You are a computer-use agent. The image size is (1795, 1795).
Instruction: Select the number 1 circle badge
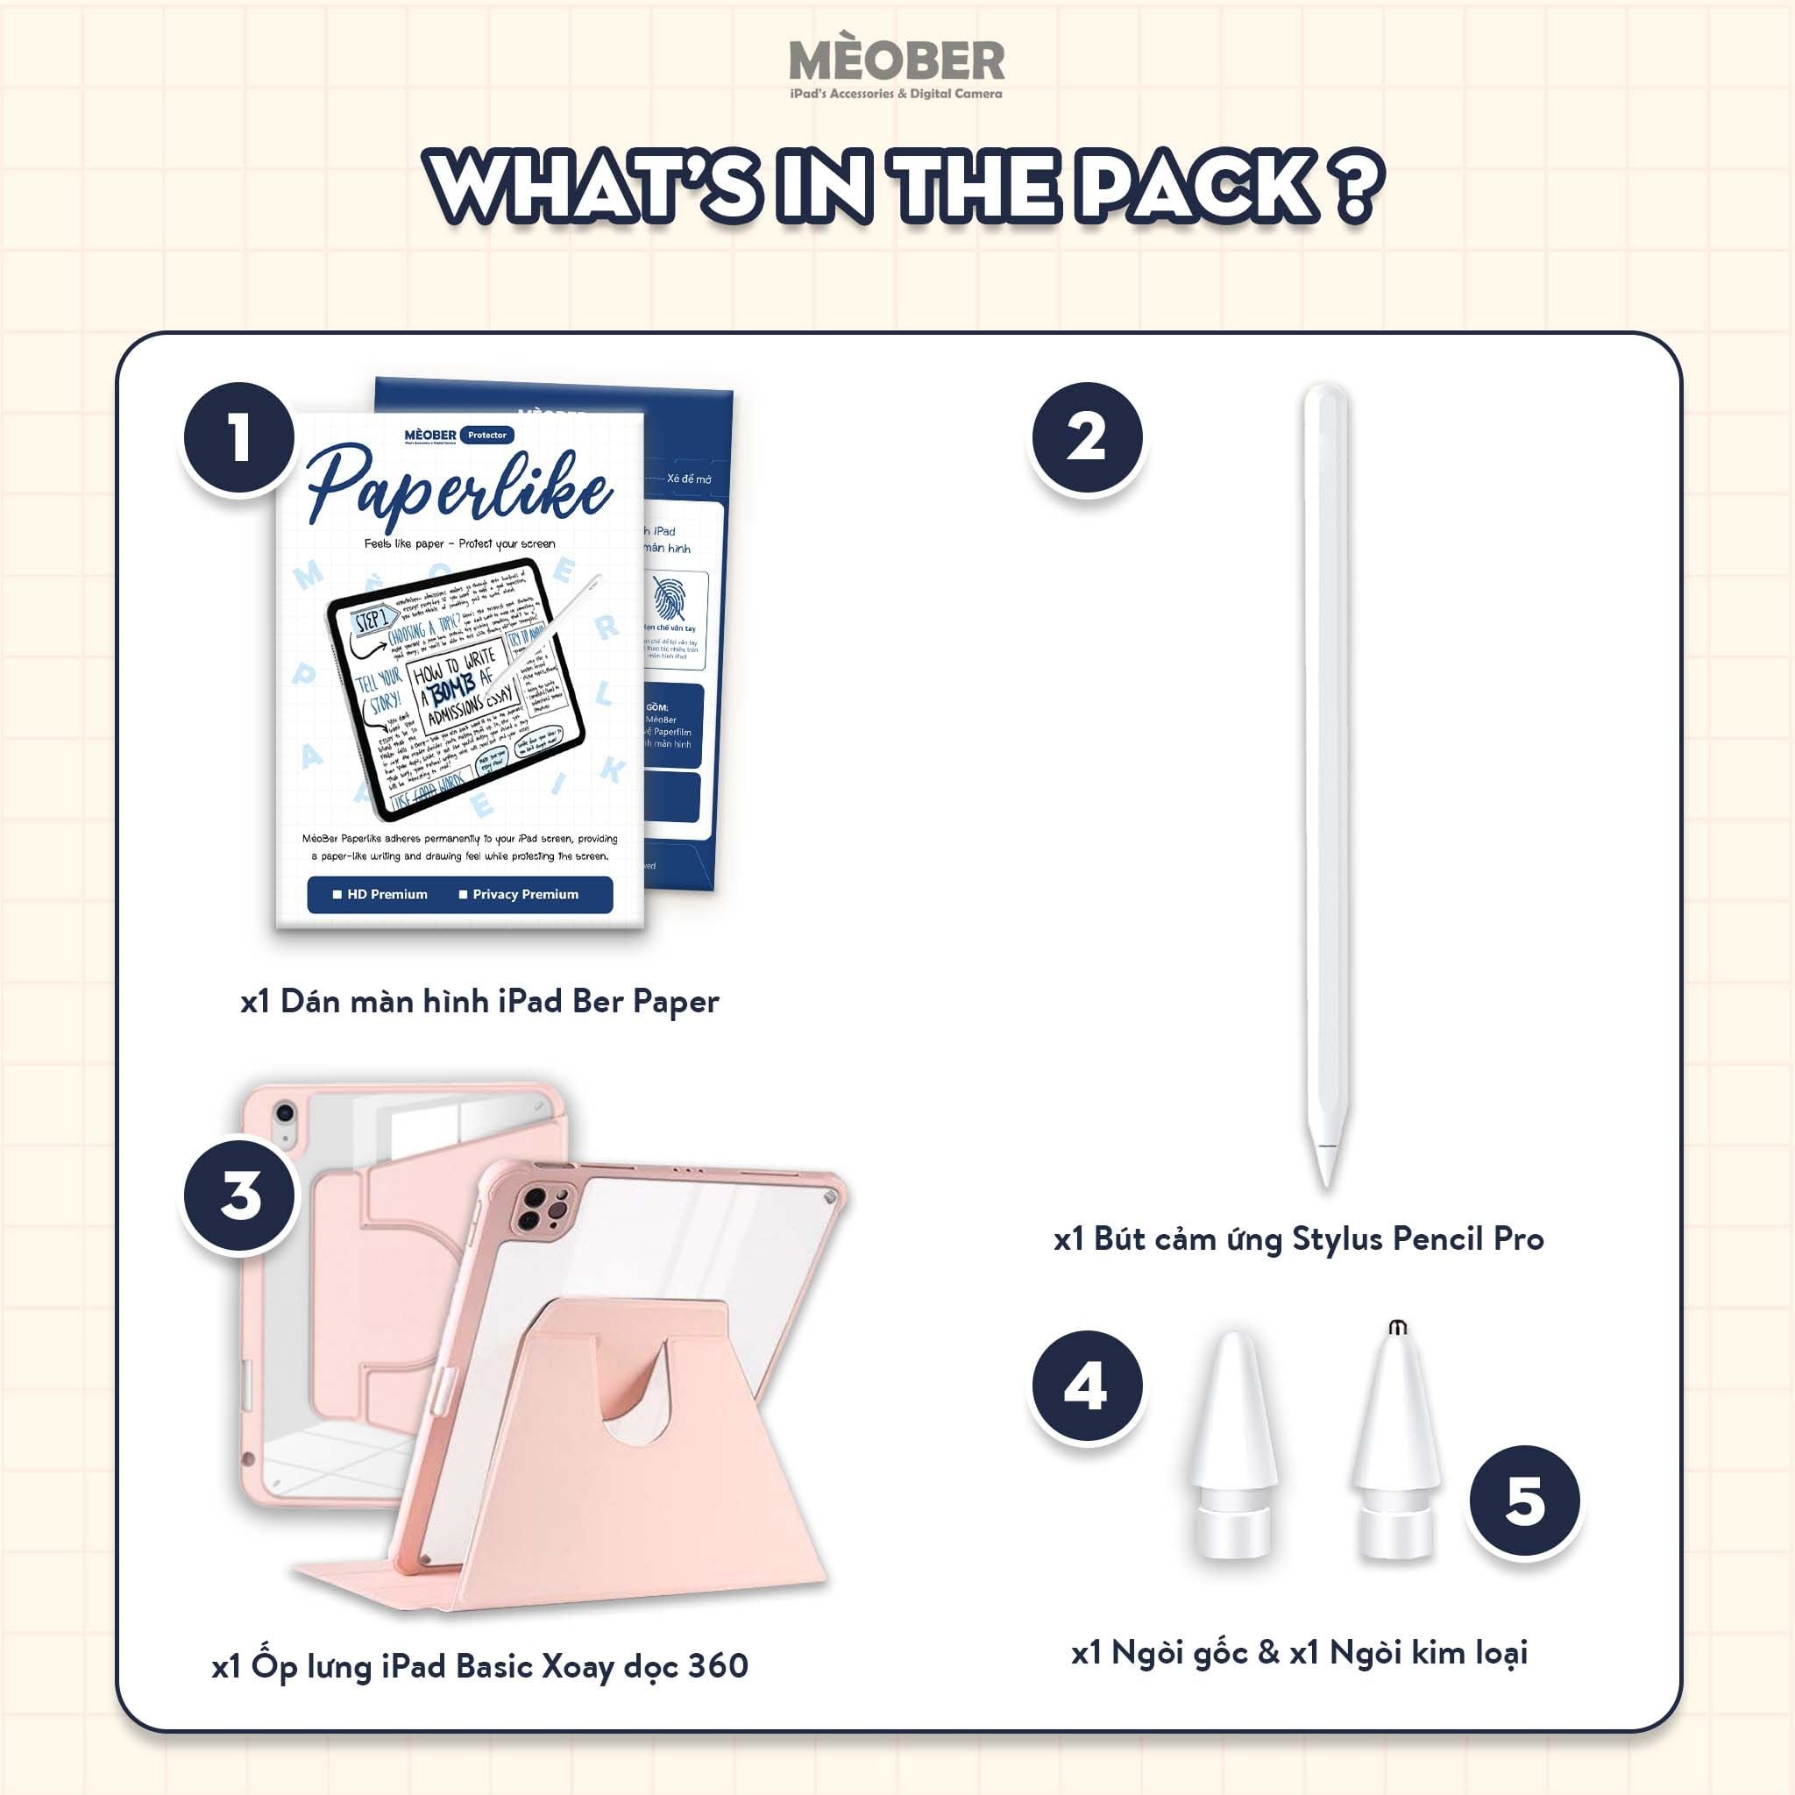pyautogui.click(x=239, y=437)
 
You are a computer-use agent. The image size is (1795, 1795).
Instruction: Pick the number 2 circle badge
pyautogui.click(x=1086, y=437)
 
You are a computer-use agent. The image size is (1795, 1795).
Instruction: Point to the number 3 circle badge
pyautogui.click(x=239, y=1195)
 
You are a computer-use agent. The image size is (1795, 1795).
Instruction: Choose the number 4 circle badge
pyautogui.click(x=1086, y=1386)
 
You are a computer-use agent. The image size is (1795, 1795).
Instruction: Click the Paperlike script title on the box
pyautogui.click(x=459, y=486)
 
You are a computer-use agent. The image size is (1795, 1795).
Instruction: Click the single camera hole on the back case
pyautogui.click(x=285, y=1113)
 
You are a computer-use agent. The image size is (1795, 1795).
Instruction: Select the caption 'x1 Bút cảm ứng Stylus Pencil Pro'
pyautogui.click(x=1298, y=1239)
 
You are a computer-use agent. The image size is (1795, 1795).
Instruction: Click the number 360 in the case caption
pyautogui.click(x=718, y=1665)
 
